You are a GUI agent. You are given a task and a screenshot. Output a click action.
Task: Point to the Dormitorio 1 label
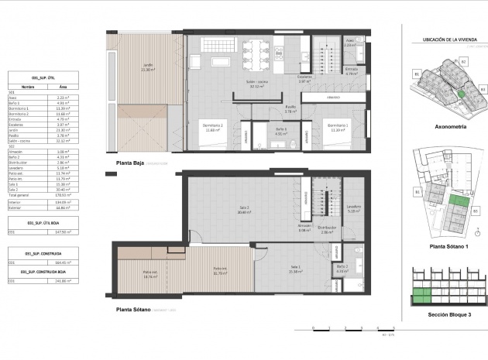337,126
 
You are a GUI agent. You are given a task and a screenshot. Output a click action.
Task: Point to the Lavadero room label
354,208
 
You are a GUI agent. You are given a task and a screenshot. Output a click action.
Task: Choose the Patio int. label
220,272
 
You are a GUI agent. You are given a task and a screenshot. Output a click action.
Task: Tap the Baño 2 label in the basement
342,268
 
